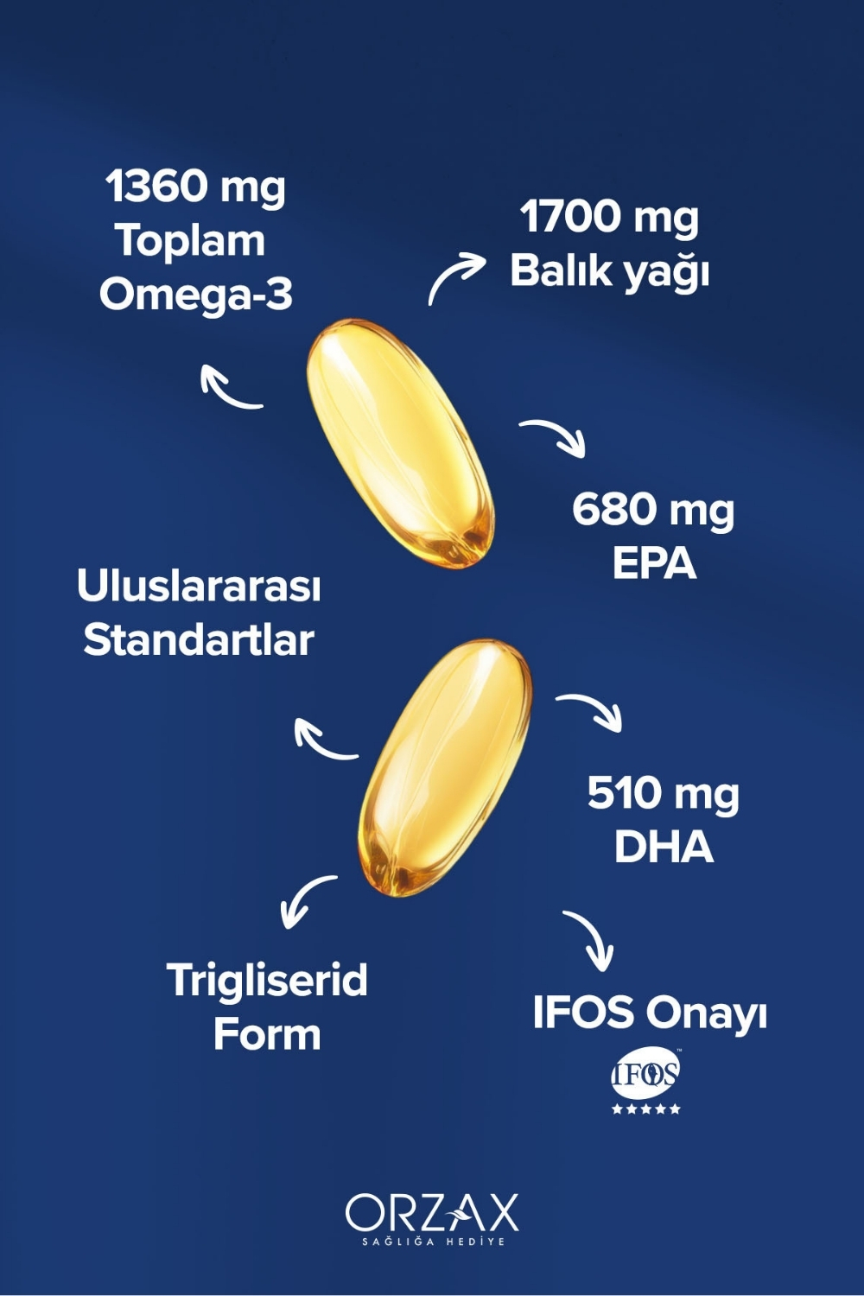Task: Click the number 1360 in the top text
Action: point(157,187)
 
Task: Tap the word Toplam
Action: point(190,240)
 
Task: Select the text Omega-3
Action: point(196,295)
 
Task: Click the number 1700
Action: point(570,217)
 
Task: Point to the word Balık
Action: point(557,270)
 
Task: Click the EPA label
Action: point(654,563)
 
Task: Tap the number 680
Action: point(611,509)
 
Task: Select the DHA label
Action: point(664,847)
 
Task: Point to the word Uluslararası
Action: point(199,586)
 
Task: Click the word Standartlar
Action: point(199,640)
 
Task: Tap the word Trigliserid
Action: point(267,981)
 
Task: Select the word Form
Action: point(267,1034)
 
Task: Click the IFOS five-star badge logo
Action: point(646,1082)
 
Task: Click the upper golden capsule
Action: point(400,443)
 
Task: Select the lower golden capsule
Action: point(445,767)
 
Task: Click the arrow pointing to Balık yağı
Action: point(456,276)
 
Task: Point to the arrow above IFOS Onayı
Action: point(591,940)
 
